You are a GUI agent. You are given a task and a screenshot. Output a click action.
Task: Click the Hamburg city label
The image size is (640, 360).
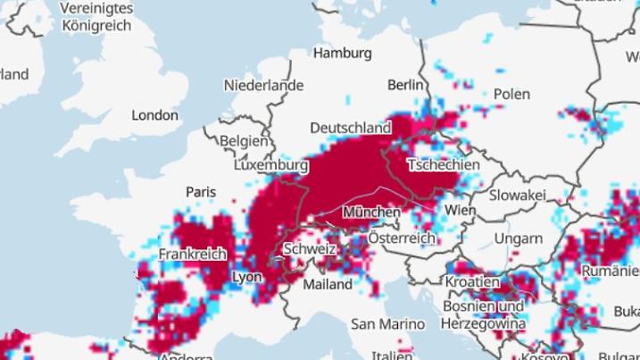(x=342, y=54)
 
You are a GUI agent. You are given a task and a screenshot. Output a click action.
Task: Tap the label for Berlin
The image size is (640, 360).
(x=404, y=85)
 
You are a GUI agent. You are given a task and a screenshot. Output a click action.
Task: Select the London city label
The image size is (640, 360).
(x=155, y=115)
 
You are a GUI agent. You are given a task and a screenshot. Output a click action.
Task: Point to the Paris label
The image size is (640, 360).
(x=201, y=191)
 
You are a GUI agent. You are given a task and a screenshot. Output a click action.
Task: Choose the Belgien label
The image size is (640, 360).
(x=243, y=141)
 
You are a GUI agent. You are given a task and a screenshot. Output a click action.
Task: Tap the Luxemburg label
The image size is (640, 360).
(x=270, y=165)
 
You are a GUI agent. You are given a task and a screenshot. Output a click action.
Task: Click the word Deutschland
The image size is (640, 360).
(x=350, y=128)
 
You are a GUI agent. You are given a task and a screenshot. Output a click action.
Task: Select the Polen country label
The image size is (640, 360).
(x=511, y=94)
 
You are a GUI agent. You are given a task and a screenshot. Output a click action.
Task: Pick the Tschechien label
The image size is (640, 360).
(x=443, y=164)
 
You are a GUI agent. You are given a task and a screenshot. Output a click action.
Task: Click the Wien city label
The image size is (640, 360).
(x=461, y=210)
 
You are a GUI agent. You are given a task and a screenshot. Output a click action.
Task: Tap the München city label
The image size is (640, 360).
(x=370, y=213)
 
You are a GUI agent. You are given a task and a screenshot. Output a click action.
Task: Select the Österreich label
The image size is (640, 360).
(x=402, y=239)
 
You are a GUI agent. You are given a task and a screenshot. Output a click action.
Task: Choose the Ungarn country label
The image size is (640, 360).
(x=519, y=239)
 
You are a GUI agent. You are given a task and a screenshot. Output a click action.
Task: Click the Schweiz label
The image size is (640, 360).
(x=308, y=249)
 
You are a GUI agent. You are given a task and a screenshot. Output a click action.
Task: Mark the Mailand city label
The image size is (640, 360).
(x=328, y=284)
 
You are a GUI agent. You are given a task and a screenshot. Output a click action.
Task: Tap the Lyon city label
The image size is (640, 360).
(x=247, y=277)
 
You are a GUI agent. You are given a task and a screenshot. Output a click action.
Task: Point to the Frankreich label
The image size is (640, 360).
(x=192, y=255)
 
